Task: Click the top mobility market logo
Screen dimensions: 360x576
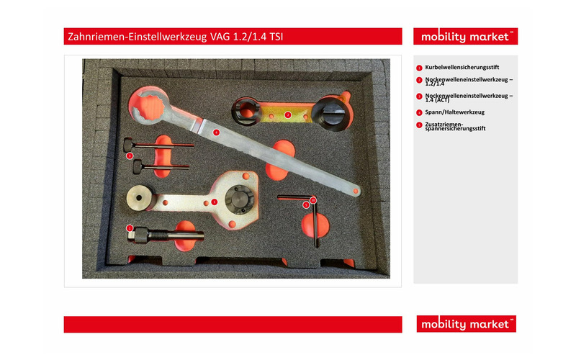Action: pyautogui.click(x=465, y=37)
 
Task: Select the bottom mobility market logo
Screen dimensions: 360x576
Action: pyautogui.click(x=465, y=325)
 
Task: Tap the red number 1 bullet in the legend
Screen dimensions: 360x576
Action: pyautogui.click(x=419, y=68)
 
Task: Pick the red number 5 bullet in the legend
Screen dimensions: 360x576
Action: pyautogui.click(x=419, y=125)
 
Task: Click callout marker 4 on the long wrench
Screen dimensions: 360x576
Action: pyautogui.click(x=215, y=132)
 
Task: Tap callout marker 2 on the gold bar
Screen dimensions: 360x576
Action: pyautogui.click(x=287, y=114)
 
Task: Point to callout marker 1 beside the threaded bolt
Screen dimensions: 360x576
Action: pyautogui.click(x=130, y=228)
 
